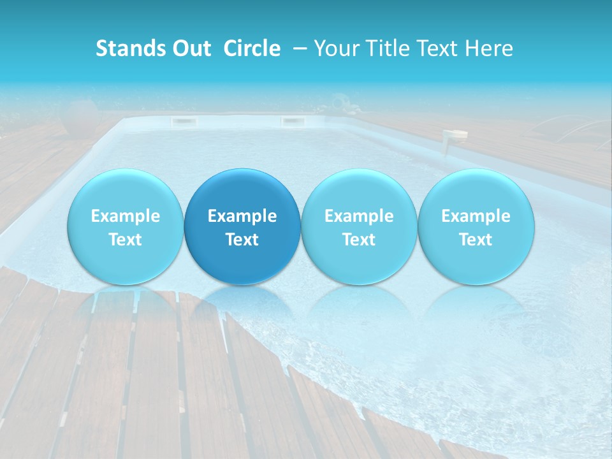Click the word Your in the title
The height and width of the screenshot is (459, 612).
(334, 48)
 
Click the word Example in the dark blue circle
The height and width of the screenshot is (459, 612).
(242, 216)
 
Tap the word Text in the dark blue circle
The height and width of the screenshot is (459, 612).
(242, 240)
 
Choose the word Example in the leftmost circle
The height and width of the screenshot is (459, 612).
(126, 216)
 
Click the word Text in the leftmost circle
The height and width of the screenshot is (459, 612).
(126, 240)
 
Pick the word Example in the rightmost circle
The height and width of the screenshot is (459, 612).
(476, 216)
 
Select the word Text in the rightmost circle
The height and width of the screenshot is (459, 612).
(476, 240)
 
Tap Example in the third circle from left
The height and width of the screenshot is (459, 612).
(359, 216)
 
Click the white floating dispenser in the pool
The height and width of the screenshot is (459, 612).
(455, 136)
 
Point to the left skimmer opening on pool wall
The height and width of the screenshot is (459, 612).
(182, 121)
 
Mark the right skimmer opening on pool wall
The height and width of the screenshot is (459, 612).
(293, 121)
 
